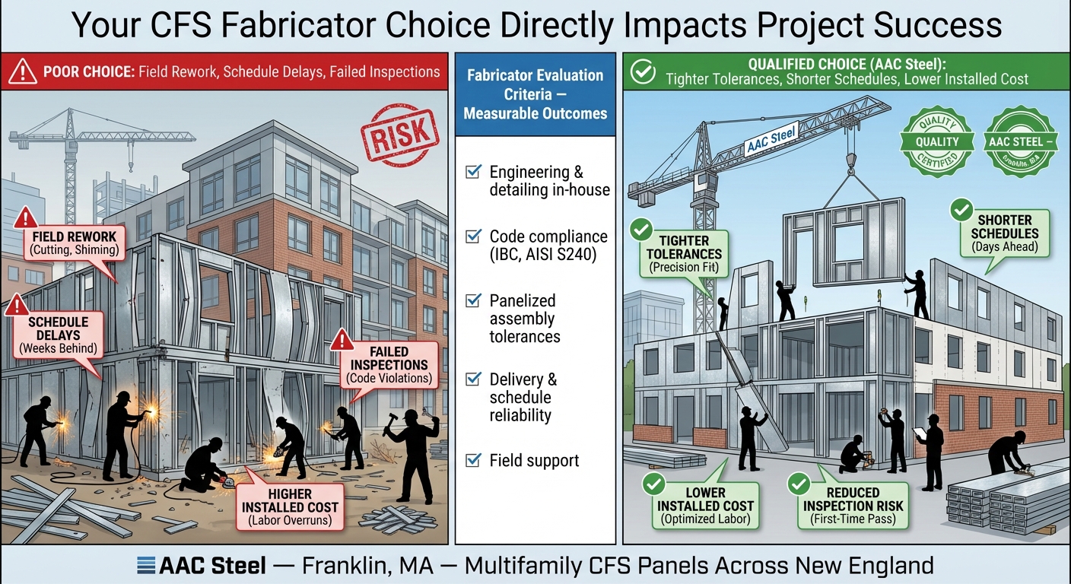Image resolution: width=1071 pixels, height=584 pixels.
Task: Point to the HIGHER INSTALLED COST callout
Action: click(x=292, y=507)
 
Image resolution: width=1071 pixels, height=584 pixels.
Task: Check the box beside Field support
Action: click(x=473, y=460)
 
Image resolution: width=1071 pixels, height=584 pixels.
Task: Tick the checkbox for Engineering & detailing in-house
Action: click(x=473, y=172)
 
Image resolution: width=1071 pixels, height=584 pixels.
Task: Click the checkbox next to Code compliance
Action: click(x=473, y=236)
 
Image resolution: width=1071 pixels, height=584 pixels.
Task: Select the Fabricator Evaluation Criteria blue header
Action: click(x=535, y=94)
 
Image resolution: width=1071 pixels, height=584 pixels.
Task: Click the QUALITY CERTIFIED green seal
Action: click(x=937, y=142)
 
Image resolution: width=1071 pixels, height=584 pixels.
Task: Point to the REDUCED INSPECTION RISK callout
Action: click(x=853, y=506)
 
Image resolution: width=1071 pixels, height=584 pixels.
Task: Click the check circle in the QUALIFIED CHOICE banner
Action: click(x=644, y=72)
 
